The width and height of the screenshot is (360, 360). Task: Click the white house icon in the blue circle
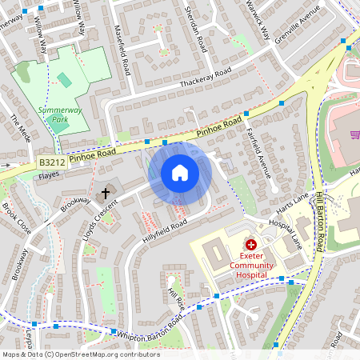(x=180, y=173)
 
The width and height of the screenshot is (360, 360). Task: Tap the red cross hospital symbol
(x=251, y=244)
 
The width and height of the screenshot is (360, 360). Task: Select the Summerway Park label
(x=50, y=122)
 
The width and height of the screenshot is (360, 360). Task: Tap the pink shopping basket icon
(x=354, y=134)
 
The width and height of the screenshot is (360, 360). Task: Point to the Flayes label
(x=50, y=174)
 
